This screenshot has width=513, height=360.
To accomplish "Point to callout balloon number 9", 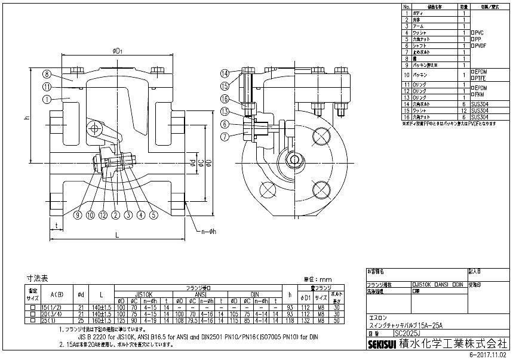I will (x=78, y=214).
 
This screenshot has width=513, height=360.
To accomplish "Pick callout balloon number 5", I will (x=153, y=214).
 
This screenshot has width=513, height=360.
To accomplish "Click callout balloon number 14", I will (x=225, y=73).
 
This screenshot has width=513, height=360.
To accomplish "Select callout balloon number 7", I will (x=225, y=137).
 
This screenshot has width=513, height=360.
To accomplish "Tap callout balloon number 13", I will (x=225, y=111).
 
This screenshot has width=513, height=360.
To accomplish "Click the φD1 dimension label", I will (x=117, y=51).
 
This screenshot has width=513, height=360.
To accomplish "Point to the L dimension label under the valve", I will (x=118, y=236).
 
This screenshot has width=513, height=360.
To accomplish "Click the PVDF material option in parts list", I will (x=480, y=45).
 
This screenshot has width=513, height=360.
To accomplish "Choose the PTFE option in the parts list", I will (x=480, y=78).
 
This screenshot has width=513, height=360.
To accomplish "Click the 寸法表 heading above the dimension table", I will (x=40, y=278).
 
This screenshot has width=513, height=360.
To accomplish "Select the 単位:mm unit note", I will (x=317, y=279).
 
